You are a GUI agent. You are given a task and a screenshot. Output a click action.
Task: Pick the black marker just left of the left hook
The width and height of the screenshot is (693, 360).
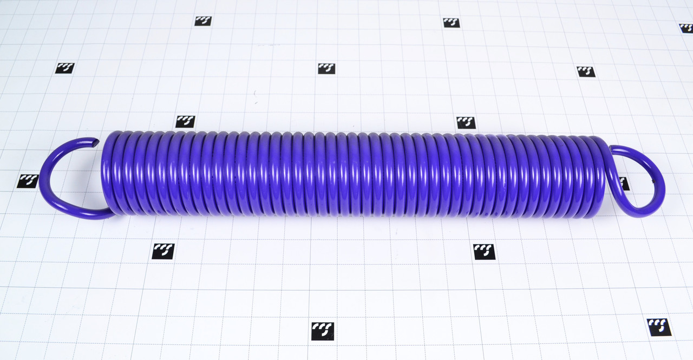tap(27, 181)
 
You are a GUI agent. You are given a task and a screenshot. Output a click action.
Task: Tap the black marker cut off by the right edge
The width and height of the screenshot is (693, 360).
tap(687, 28)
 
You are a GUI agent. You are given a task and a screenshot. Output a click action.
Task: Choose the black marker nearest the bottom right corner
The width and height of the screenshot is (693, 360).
tap(659, 327)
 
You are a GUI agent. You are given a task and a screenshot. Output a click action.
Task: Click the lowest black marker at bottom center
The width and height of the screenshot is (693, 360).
tap(323, 331)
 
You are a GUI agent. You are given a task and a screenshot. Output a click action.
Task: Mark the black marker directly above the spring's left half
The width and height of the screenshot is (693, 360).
tap(185, 121)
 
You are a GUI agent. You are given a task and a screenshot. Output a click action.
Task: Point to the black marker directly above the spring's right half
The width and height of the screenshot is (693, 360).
tap(466, 122)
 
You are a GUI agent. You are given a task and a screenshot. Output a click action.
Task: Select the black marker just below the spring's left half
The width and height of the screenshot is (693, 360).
tap(163, 251)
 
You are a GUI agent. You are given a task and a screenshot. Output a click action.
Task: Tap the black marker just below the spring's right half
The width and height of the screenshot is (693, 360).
tap(484, 252)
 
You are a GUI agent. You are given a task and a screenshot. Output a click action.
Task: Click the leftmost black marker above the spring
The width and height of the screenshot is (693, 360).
tap(65, 68)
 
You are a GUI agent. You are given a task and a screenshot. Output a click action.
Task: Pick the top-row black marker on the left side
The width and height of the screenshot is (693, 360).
tap(203, 21)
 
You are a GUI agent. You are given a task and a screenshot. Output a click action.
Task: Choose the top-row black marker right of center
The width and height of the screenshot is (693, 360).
tap(451, 23)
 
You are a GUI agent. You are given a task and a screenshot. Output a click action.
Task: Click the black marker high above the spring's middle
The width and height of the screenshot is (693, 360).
tap(326, 69)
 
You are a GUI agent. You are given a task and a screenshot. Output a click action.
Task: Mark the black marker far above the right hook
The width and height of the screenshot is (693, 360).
tap(586, 71)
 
